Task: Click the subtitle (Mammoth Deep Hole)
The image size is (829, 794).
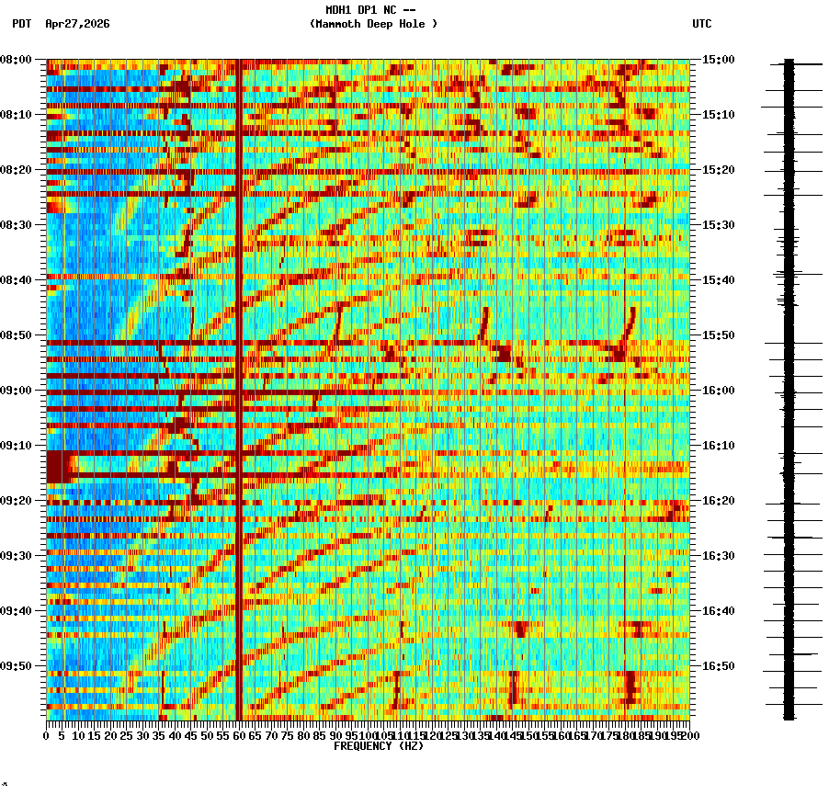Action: click(373, 24)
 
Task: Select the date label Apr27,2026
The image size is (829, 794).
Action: click(77, 24)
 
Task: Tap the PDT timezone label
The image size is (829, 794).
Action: click(21, 24)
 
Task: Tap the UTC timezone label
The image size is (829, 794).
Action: click(701, 24)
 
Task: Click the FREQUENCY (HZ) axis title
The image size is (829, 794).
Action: click(378, 746)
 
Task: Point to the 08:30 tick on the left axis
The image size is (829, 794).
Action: click(17, 225)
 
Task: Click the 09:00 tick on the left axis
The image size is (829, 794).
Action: click(17, 391)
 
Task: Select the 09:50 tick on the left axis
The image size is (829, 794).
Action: click(17, 666)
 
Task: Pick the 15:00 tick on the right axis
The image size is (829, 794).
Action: click(718, 60)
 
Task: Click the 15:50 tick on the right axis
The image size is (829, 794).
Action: click(718, 335)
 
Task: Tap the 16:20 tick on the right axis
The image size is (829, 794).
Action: click(718, 501)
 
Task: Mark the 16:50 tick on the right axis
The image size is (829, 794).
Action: click(718, 666)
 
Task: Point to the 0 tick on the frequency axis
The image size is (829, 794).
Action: click(47, 735)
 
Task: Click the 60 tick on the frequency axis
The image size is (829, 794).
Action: click(239, 735)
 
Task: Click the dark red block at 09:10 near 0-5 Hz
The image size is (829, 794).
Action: click(57, 466)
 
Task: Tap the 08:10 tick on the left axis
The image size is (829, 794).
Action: click(17, 115)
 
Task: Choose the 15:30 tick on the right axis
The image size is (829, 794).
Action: click(718, 225)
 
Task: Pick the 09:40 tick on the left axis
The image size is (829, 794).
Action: click(17, 611)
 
